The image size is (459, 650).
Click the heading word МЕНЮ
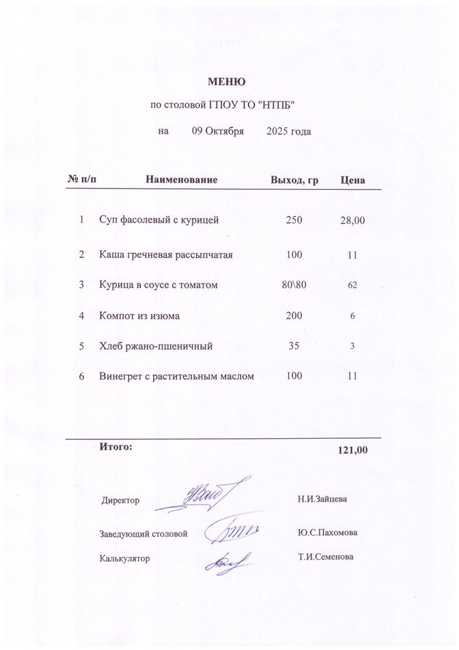(226, 82)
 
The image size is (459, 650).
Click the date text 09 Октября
(217, 131)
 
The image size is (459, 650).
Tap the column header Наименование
(181, 179)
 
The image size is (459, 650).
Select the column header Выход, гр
(294, 179)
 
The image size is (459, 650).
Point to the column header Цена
(353, 179)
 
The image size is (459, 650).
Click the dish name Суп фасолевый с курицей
(159, 220)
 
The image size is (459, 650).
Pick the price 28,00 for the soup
(353, 222)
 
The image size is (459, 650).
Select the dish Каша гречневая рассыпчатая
(166, 255)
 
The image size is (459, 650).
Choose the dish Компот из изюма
(139, 316)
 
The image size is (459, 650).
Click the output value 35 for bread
(293, 346)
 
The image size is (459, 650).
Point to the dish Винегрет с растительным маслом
(175, 376)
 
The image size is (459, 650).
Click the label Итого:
(116, 447)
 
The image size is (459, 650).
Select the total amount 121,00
(353, 450)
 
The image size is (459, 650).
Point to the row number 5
(82, 346)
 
